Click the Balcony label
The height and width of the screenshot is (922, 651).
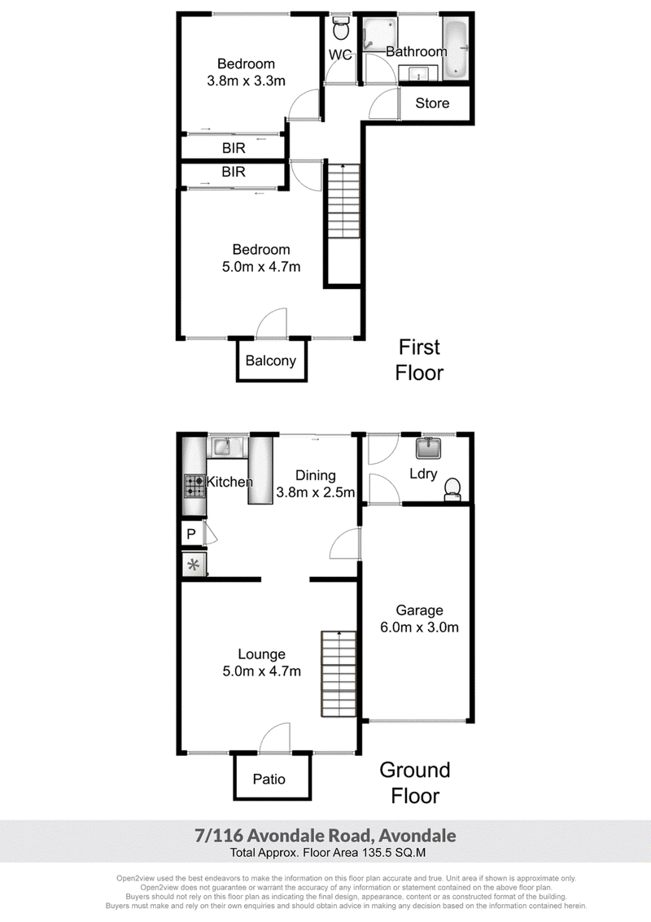point(270,360)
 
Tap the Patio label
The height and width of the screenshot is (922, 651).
point(269,779)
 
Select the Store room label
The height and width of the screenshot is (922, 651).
point(432,103)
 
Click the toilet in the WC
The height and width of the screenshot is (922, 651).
point(340,27)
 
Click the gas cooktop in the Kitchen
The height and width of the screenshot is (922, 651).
point(195,487)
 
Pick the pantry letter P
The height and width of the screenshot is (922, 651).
point(190,535)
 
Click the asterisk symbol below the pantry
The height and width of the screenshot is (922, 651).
point(194,566)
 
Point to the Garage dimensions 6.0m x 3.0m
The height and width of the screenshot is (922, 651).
point(419,627)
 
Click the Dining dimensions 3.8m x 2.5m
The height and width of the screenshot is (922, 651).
point(316,492)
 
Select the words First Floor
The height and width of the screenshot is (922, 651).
point(419,360)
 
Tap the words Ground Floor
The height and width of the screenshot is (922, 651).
point(415,783)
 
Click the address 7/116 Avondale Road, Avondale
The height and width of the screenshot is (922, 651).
point(325,836)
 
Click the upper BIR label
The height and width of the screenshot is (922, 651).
point(234,148)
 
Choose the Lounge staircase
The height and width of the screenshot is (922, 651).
point(339,674)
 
